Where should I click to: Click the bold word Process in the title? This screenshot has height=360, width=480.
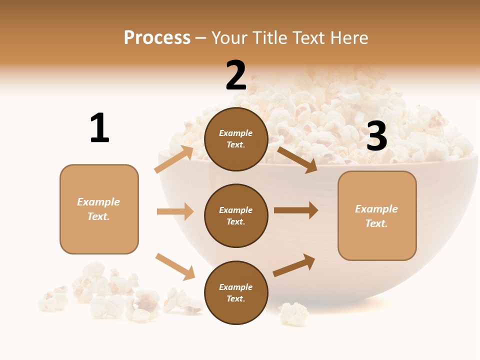point(157,38)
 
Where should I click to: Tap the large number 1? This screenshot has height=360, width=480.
point(99,128)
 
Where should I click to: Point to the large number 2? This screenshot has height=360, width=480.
point(236,75)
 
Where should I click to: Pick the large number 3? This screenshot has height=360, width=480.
point(376,136)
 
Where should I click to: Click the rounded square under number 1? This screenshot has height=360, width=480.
point(99,209)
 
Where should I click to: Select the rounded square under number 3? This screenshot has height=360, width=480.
point(377,216)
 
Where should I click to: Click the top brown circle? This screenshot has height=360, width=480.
point(236,139)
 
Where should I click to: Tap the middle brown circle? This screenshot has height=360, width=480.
point(236,216)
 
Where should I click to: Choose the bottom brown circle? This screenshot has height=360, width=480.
point(236,292)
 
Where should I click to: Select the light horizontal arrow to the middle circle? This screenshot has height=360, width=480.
point(175,211)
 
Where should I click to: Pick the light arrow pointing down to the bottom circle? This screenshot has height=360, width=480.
point(175,266)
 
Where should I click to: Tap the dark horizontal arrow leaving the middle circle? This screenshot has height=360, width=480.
point(296,210)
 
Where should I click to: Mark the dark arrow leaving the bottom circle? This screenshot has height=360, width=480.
point(294,265)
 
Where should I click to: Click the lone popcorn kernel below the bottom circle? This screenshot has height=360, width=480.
point(294,314)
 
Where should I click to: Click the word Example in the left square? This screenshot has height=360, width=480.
point(98,202)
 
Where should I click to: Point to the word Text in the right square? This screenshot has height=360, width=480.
point(376,223)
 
